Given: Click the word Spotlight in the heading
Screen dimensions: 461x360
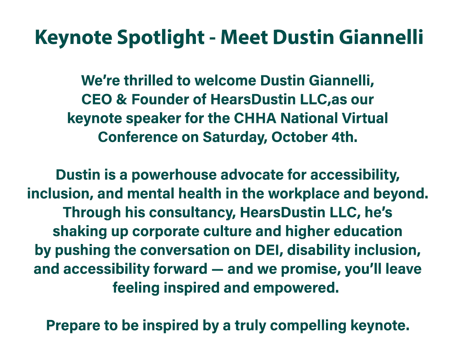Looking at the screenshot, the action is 161,37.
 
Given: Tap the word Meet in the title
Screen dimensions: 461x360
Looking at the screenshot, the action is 244,37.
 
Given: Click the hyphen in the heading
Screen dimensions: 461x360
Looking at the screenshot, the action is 213,39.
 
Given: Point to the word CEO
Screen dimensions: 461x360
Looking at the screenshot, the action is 97,99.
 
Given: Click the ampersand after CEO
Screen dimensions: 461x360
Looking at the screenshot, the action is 122,99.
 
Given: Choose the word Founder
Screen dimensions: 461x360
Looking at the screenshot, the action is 160,99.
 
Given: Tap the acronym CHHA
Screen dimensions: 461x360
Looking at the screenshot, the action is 255,118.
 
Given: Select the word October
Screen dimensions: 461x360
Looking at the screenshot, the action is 299,137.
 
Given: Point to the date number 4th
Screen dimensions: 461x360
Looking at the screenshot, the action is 344,137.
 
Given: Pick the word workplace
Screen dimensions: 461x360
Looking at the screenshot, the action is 304,194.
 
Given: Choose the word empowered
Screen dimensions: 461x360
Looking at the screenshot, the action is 296,288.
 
